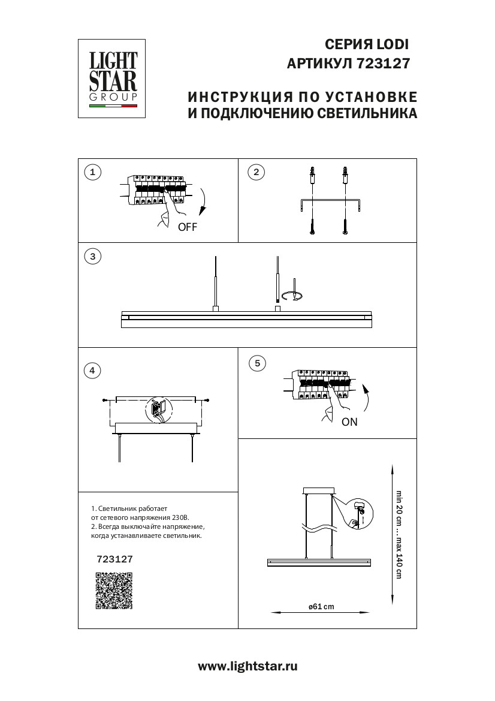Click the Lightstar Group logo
click(113, 79)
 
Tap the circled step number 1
click(92, 173)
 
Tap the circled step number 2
click(256, 173)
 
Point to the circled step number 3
click(92, 257)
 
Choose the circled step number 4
click(92, 370)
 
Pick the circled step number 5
click(257, 363)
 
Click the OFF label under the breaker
click(187, 227)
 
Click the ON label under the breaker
click(349, 422)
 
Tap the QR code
click(114, 591)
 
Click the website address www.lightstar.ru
click(248, 666)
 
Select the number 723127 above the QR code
click(114, 558)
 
